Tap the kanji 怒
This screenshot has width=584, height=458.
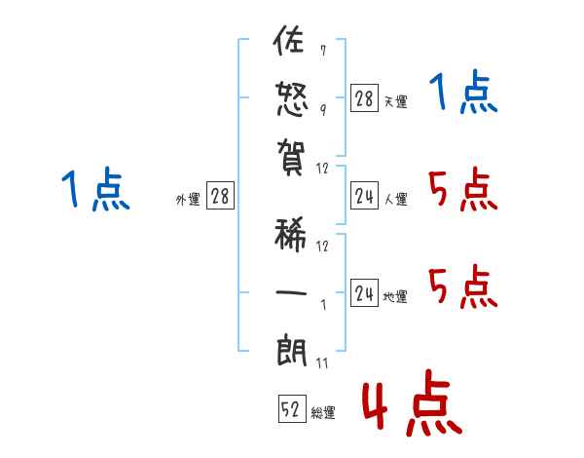pyautogui.click(x=291, y=97)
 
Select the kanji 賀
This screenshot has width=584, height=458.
pyautogui.click(x=291, y=155)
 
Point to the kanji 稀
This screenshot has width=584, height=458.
pyautogui.click(x=291, y=234)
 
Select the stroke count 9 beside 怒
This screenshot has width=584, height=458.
pyautogui.click(x=322, y=108)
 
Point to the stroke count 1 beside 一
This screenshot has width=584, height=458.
pyautogui.click(x=322, y=304)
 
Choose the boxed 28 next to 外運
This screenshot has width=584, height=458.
pyautogui.click(x=220, y=197)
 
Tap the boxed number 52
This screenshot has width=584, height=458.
pyautogui.click(x=291, y=410)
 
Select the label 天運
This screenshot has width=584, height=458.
pyautogui.click(x=396, y=101)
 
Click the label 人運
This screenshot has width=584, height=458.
pyautogui.click(x=396, y=200)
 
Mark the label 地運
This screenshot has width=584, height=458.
pyautogui.click(x=396, y=296)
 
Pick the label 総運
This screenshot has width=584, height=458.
pyautogui.click(x=323, y=413)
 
